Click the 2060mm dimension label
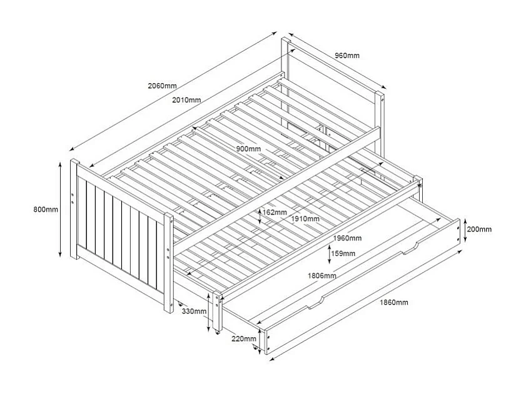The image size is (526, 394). click(x=162, y=85)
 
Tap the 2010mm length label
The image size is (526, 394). click(x=186, y=100)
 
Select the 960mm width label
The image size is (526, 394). click(x=346, y=56)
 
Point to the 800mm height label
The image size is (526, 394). click(x=46, y=210)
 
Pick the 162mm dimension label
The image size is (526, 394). click(x=275, y=212)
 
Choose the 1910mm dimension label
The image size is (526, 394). click(x=305, y=219)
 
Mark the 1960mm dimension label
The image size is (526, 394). click(x=346, y=238)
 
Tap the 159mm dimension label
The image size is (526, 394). click(x=343, y=253)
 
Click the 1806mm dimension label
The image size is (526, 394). click(x=321, y=276)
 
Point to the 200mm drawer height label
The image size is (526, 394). click(x=479, y=230)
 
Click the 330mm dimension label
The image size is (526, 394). click(x=194, y=311)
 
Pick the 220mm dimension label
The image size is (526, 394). click(x=243, y=338)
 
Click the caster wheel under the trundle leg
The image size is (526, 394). click(x=218, y=333)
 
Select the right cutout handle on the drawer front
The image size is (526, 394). click(x=411, y=249)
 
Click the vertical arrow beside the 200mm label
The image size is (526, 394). click(x=465, y=230)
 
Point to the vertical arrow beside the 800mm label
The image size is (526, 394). click(x=61, y=210)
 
